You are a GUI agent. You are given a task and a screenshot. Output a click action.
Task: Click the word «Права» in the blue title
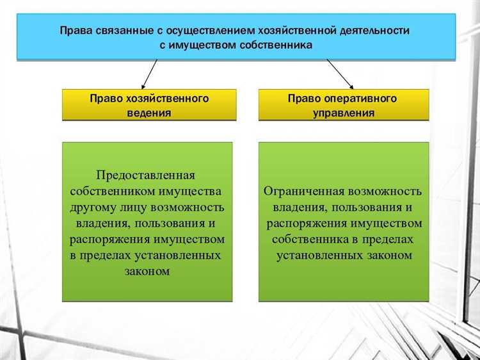click(75, 30)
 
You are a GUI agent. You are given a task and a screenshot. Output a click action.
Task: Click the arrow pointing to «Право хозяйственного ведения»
click(148, 74)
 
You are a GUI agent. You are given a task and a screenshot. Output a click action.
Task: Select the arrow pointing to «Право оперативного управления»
click(340, 74)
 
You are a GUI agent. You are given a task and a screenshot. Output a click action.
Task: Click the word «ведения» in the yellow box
click(148, 113)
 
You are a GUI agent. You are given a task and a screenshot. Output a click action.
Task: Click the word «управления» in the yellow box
click(343, 113)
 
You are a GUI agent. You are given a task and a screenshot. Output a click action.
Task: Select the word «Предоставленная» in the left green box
click(145, 176)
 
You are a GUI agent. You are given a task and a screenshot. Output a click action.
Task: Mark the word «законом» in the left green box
click(147, 271)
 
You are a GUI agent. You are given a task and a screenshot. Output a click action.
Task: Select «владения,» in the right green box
click(298, 208)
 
